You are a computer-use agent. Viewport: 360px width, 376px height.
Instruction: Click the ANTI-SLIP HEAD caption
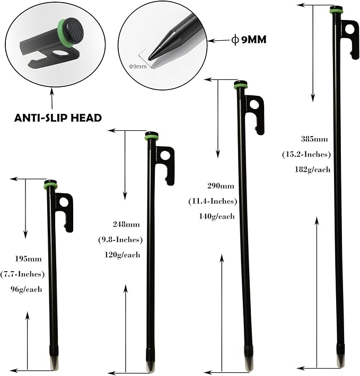click(58, 118)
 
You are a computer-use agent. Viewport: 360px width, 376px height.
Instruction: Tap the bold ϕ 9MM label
click(249, 39)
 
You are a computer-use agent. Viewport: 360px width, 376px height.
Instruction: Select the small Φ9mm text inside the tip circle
click(138, 66)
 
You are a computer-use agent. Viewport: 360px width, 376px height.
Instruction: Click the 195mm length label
click(28, 259)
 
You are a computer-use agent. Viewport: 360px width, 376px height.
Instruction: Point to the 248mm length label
click(126, 225)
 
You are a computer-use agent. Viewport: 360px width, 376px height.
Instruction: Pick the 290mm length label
click(221, 186)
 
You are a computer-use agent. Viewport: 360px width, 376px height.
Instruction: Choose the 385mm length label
click(314, 139)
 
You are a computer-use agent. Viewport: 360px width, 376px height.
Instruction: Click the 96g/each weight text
click(26, 289)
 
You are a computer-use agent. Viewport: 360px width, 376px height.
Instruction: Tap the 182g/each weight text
click(312, 169)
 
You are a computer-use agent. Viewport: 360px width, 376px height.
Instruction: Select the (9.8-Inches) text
click(120, 239)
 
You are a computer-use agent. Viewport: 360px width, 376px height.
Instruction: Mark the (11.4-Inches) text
click(213, 201)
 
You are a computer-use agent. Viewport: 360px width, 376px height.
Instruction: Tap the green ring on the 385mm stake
click(336, 11)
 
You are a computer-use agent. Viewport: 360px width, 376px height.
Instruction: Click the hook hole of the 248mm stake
click(165, 155)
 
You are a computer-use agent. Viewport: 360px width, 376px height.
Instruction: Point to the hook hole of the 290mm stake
click(255, 104)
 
